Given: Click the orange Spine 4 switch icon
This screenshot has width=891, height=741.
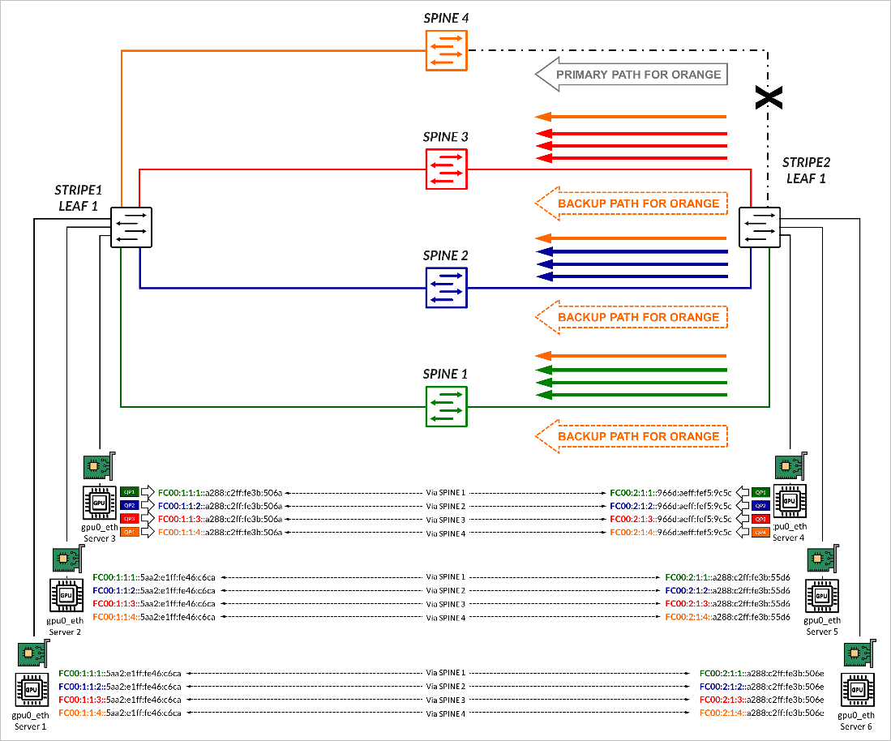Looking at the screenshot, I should pos(446,50).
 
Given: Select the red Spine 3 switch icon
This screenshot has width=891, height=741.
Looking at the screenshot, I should pos(446,169).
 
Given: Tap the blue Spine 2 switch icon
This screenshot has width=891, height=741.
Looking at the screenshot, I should pos(446,287).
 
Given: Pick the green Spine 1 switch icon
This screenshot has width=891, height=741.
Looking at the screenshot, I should pos(446,406).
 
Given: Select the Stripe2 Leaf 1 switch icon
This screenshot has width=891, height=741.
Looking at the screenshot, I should pos(760,226).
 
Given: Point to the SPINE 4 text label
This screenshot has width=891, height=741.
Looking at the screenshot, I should pos(446,17).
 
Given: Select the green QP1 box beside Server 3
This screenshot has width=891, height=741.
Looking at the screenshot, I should pos(130,492).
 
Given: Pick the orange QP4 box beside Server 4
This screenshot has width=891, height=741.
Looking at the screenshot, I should pos(760,533).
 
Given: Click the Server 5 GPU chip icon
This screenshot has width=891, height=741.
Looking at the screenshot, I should pos(821,596).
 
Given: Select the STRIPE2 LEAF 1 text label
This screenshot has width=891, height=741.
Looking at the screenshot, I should pos(805,172).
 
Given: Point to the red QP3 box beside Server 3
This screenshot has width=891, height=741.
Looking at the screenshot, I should pos(130,519).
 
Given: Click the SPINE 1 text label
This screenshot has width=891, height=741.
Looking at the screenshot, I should pos(446,375).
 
